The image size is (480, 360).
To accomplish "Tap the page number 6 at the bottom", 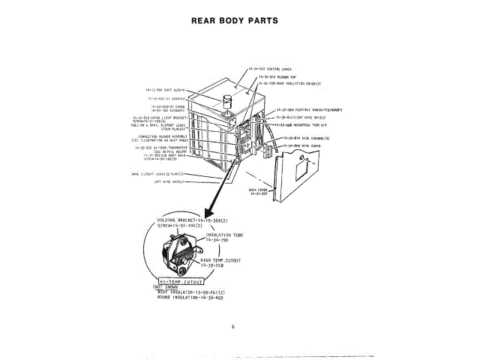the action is [233, 325].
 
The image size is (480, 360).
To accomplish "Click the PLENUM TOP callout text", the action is [277, 76].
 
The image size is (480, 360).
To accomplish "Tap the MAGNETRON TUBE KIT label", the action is [301, 126].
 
